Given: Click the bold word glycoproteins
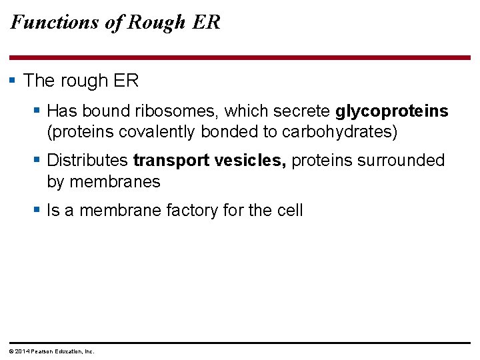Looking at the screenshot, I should coord(392,111).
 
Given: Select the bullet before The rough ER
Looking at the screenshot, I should coord(12,81).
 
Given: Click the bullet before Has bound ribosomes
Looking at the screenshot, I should coord(38,110).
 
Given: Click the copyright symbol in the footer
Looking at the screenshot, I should coord(11,351).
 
